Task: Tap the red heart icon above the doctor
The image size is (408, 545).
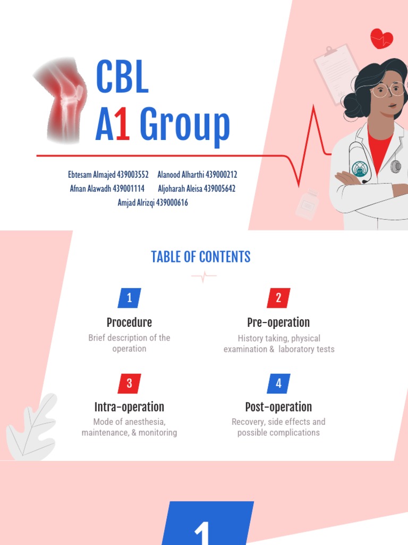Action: pyautogui.click(x=381, y=38)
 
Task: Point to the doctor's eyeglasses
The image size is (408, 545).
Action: pyautogui.click(x=388, y=89)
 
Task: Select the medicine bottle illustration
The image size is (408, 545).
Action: pyautogui.click(x=308, y=205)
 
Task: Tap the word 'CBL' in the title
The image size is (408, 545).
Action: pyautogui.click(x=122, y=78)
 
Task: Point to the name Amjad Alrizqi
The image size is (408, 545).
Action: pyautogui.click(x=135, y=202)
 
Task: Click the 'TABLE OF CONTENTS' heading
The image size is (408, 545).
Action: pyautogui.click(x=201, y=257)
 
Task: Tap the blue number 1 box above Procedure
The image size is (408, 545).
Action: pyautogui.click(x=129, y=298)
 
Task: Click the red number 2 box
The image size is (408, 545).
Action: pyautogui.click(x=278, y=298)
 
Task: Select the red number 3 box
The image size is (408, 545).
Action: pyautogui.click(x=129, y=383)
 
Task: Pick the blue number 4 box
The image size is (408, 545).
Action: pyautogui.click(x=278, y=383)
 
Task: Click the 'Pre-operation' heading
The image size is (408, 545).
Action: pyautogui.click(x=278, y=323)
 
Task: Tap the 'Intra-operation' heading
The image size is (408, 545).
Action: pyautogui.click(x=129, y=407)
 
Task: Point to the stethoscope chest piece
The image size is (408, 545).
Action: pyautogui.click(x=396, y=167)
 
